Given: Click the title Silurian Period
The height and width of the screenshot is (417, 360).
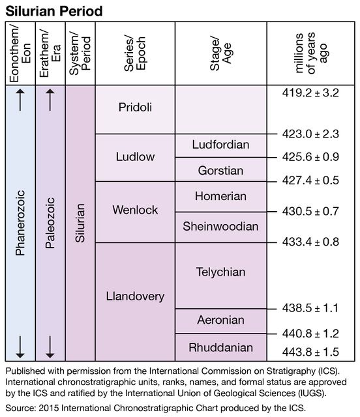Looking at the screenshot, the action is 53,11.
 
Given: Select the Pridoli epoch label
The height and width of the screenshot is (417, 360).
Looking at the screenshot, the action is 135,107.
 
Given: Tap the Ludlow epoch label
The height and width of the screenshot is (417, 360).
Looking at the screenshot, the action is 135,156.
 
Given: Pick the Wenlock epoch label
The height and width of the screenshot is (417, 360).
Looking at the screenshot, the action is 135,210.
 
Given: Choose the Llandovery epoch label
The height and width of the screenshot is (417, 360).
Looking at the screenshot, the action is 135,296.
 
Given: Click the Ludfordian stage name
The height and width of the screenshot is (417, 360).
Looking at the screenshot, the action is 220,145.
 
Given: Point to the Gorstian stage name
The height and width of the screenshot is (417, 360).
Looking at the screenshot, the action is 220,171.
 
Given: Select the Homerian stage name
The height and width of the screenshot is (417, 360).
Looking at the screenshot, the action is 220,196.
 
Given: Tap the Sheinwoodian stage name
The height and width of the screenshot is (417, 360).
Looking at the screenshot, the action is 220,226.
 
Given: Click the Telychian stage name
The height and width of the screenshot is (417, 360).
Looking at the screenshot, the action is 220,272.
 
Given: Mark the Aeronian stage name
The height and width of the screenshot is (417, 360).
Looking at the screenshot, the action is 220,320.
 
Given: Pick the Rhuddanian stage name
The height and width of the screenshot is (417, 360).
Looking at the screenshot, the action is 220,347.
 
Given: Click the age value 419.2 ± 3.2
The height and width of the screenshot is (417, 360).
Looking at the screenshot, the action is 310,93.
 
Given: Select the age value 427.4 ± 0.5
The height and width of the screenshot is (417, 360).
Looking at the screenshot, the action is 310,180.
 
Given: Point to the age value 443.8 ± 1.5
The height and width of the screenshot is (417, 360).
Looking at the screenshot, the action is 310,352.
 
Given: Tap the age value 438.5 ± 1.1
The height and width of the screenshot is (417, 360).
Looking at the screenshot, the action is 310,308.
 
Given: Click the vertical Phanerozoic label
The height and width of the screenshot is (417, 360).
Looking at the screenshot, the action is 20,223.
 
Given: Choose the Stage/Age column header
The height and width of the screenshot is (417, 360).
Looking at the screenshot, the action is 220,53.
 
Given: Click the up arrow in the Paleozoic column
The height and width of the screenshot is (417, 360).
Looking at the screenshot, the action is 50,100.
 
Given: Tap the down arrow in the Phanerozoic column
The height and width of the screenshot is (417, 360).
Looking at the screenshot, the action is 20,347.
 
